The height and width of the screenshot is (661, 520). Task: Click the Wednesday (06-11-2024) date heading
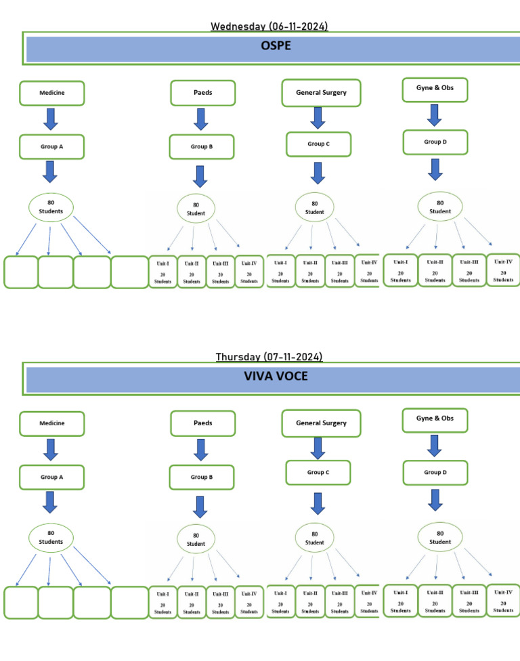(x=269, y=26)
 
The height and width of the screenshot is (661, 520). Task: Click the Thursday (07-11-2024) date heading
(x=269, y=356)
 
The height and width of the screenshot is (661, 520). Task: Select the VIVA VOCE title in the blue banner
(x=276, y=376)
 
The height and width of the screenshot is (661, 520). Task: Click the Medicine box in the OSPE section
(x=52, y=93)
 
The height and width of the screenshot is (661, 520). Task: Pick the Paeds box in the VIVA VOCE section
(x=202, y=423)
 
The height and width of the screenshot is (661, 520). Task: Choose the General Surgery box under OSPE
(x=321, y=93)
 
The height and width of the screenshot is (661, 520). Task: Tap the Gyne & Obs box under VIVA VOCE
(x=435, y=419)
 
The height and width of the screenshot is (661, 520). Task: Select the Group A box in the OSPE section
(x=52, y=146)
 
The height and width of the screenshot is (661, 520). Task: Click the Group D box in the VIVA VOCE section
(x=435, y=472)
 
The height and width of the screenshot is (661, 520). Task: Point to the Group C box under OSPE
(x=318, y=144)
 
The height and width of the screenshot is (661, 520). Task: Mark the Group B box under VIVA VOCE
(x=201, y=477)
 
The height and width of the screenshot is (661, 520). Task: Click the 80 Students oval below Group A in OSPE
(x=51, y=207)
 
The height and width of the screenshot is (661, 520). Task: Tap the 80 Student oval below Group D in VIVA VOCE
(x=440, y=538)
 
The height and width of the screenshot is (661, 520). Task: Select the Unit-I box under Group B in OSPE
(x=162, y=272)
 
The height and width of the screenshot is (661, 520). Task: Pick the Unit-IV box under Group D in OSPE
(x=503, y=270)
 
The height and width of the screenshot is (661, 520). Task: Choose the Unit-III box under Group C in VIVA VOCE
(x=339, y=601)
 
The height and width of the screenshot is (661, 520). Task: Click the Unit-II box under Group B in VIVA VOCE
(x=192, y=602)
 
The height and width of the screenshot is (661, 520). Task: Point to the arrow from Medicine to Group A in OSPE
(x=51, y=119)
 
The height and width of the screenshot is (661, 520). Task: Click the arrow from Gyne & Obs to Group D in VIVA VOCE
(x=435, y=445)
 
